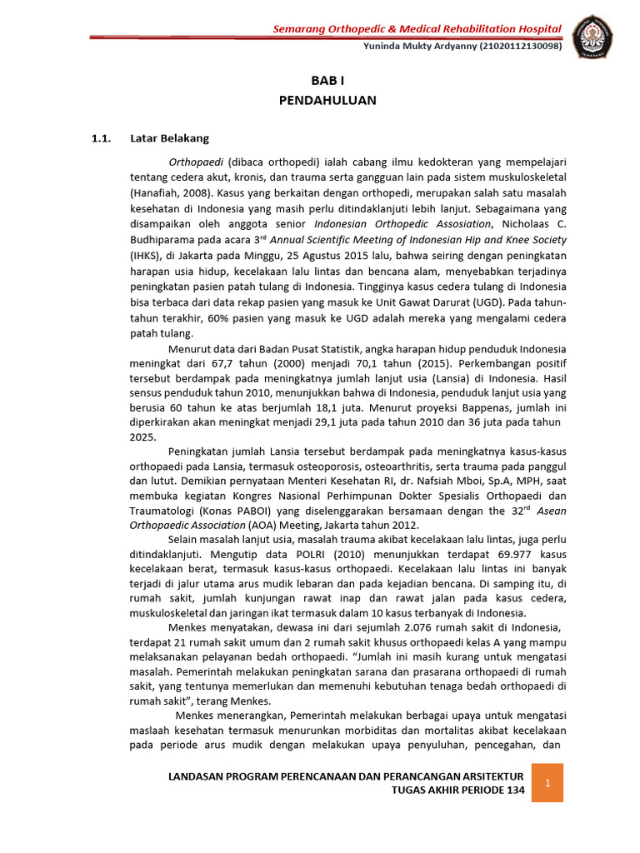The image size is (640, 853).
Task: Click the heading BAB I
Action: click(327, 81)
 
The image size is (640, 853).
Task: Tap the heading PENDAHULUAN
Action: click(327, 101)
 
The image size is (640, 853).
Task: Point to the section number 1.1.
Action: click(101, 138)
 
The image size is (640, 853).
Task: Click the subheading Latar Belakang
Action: click(169, 138)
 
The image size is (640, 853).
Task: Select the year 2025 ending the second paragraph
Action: click(142, 436)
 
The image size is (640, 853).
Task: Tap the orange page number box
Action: click(547, 783)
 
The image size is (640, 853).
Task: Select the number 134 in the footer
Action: click(512, 791)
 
